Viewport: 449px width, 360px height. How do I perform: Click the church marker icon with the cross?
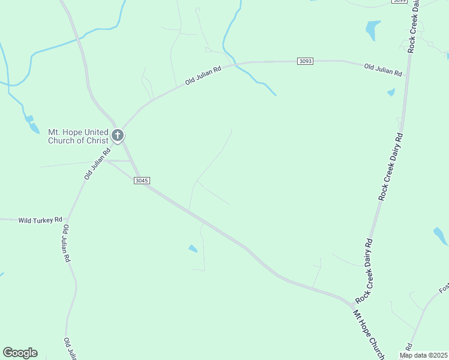click(x=118, y=135)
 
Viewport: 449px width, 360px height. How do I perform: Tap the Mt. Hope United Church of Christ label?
click(x=78, y=136)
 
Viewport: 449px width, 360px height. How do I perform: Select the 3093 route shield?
click(x=305, y=61)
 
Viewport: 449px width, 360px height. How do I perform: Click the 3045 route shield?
click(x=142, y=181)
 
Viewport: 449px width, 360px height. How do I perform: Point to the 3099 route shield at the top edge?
click(x=399, y=1)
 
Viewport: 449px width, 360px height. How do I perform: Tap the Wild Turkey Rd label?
click(x=40, y=220)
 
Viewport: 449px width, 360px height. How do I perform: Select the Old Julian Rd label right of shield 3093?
click(x=383, y=70)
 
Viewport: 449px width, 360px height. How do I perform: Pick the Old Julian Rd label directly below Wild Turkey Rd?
click(x=67, y=244)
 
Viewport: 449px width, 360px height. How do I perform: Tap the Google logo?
click(x=20, y=353)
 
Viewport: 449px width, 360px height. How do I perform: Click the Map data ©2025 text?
click(x=423, y=355)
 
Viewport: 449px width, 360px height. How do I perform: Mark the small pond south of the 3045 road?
click(x=193, y=248)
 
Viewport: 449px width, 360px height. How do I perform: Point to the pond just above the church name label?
click(x=29, y=119)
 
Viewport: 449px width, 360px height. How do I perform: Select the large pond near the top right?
click(x=373, y=29)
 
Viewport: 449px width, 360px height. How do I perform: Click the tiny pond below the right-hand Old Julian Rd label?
click(x=391, y=92)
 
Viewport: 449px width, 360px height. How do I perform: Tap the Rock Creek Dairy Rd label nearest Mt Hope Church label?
click(x=365, y=270)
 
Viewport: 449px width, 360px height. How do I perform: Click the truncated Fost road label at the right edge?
click(x=443, y=289)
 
